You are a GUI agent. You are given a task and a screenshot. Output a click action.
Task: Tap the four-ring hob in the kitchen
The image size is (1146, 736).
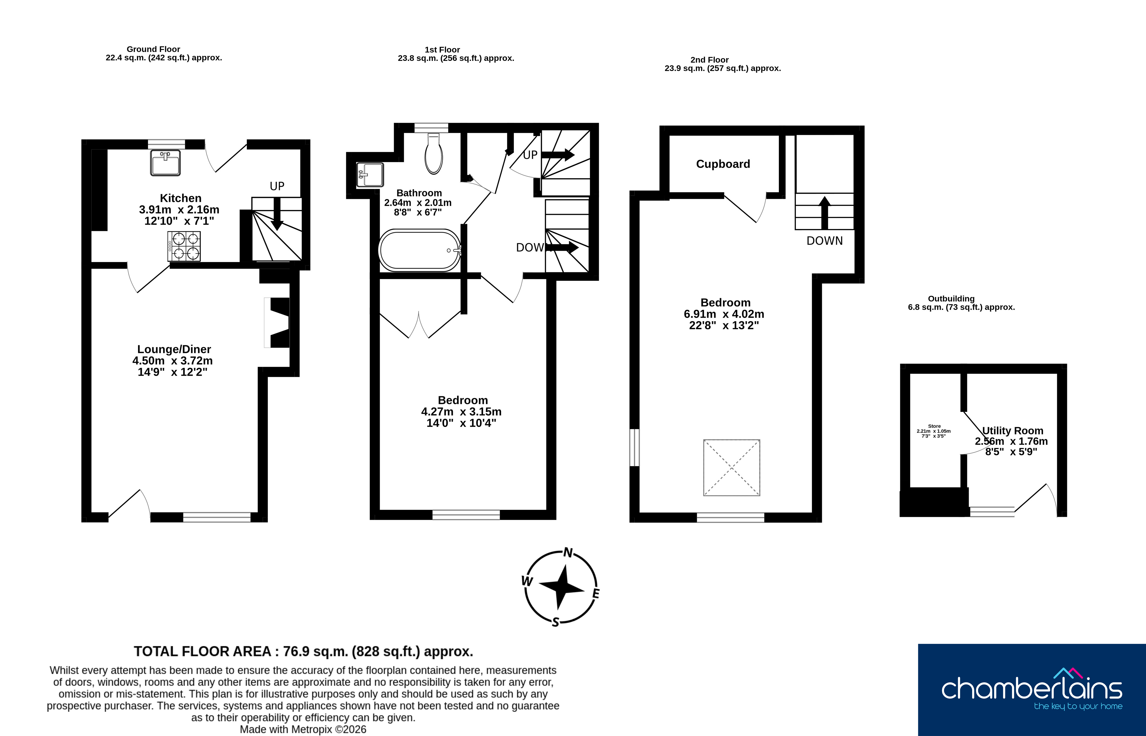point(184,246)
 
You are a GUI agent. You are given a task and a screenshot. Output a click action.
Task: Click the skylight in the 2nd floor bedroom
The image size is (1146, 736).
point(732,467)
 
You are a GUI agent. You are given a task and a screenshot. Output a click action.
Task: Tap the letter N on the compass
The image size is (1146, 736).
point(568,552)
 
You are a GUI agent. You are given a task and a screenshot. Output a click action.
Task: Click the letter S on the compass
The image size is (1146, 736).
point(555,622)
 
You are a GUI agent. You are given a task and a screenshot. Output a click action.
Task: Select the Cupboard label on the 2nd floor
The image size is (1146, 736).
point(723,164)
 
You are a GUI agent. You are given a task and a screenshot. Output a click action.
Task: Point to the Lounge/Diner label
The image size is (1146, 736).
point(174,349)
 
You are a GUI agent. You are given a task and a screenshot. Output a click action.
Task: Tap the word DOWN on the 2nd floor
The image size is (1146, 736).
point(825,241)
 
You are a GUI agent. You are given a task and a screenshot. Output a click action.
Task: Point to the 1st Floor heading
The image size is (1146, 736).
point(442,50)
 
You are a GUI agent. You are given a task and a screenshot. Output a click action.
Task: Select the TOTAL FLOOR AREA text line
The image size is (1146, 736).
point(304,651)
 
